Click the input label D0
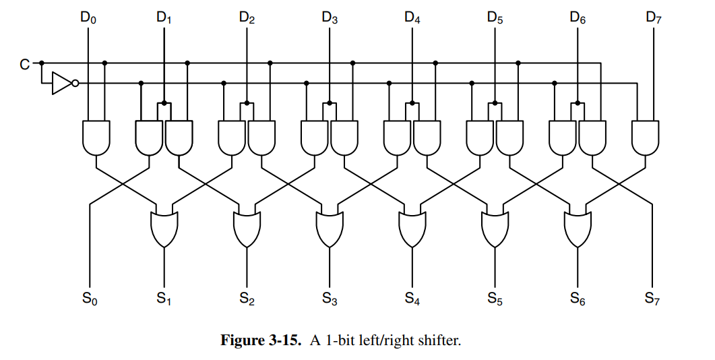(88, 18)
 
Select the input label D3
(330, 18)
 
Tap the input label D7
(653, 18)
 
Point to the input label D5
(495, 18)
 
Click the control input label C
(24, 65)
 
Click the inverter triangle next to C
(61, 83)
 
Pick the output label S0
(88, 298)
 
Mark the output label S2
(247, 298)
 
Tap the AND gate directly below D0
(96, 137)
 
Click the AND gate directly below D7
(646, 137)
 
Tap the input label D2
(247, 18)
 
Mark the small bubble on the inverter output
(75, 83)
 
